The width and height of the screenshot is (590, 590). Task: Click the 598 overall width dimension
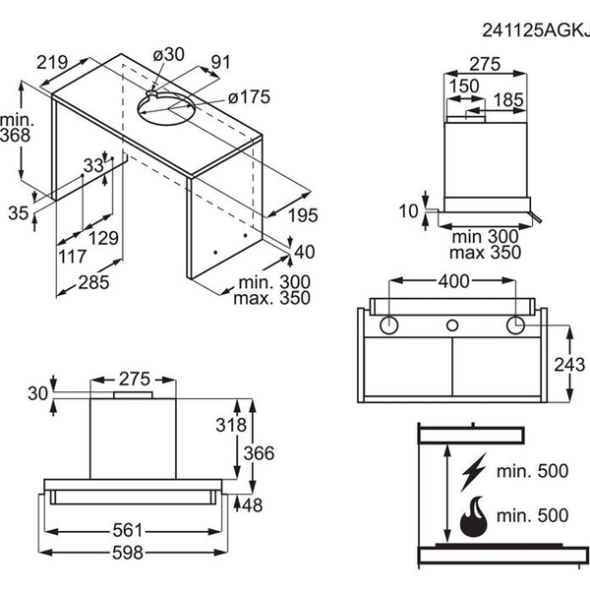click(141, 552)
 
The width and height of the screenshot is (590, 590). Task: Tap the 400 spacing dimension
click(453, 280)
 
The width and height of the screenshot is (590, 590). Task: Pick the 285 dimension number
click(94, 283)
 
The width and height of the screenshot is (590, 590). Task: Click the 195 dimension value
click(303, 214)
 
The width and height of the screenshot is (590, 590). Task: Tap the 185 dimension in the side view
click(508, 99)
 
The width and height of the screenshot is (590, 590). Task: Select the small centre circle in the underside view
click(453, 324)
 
